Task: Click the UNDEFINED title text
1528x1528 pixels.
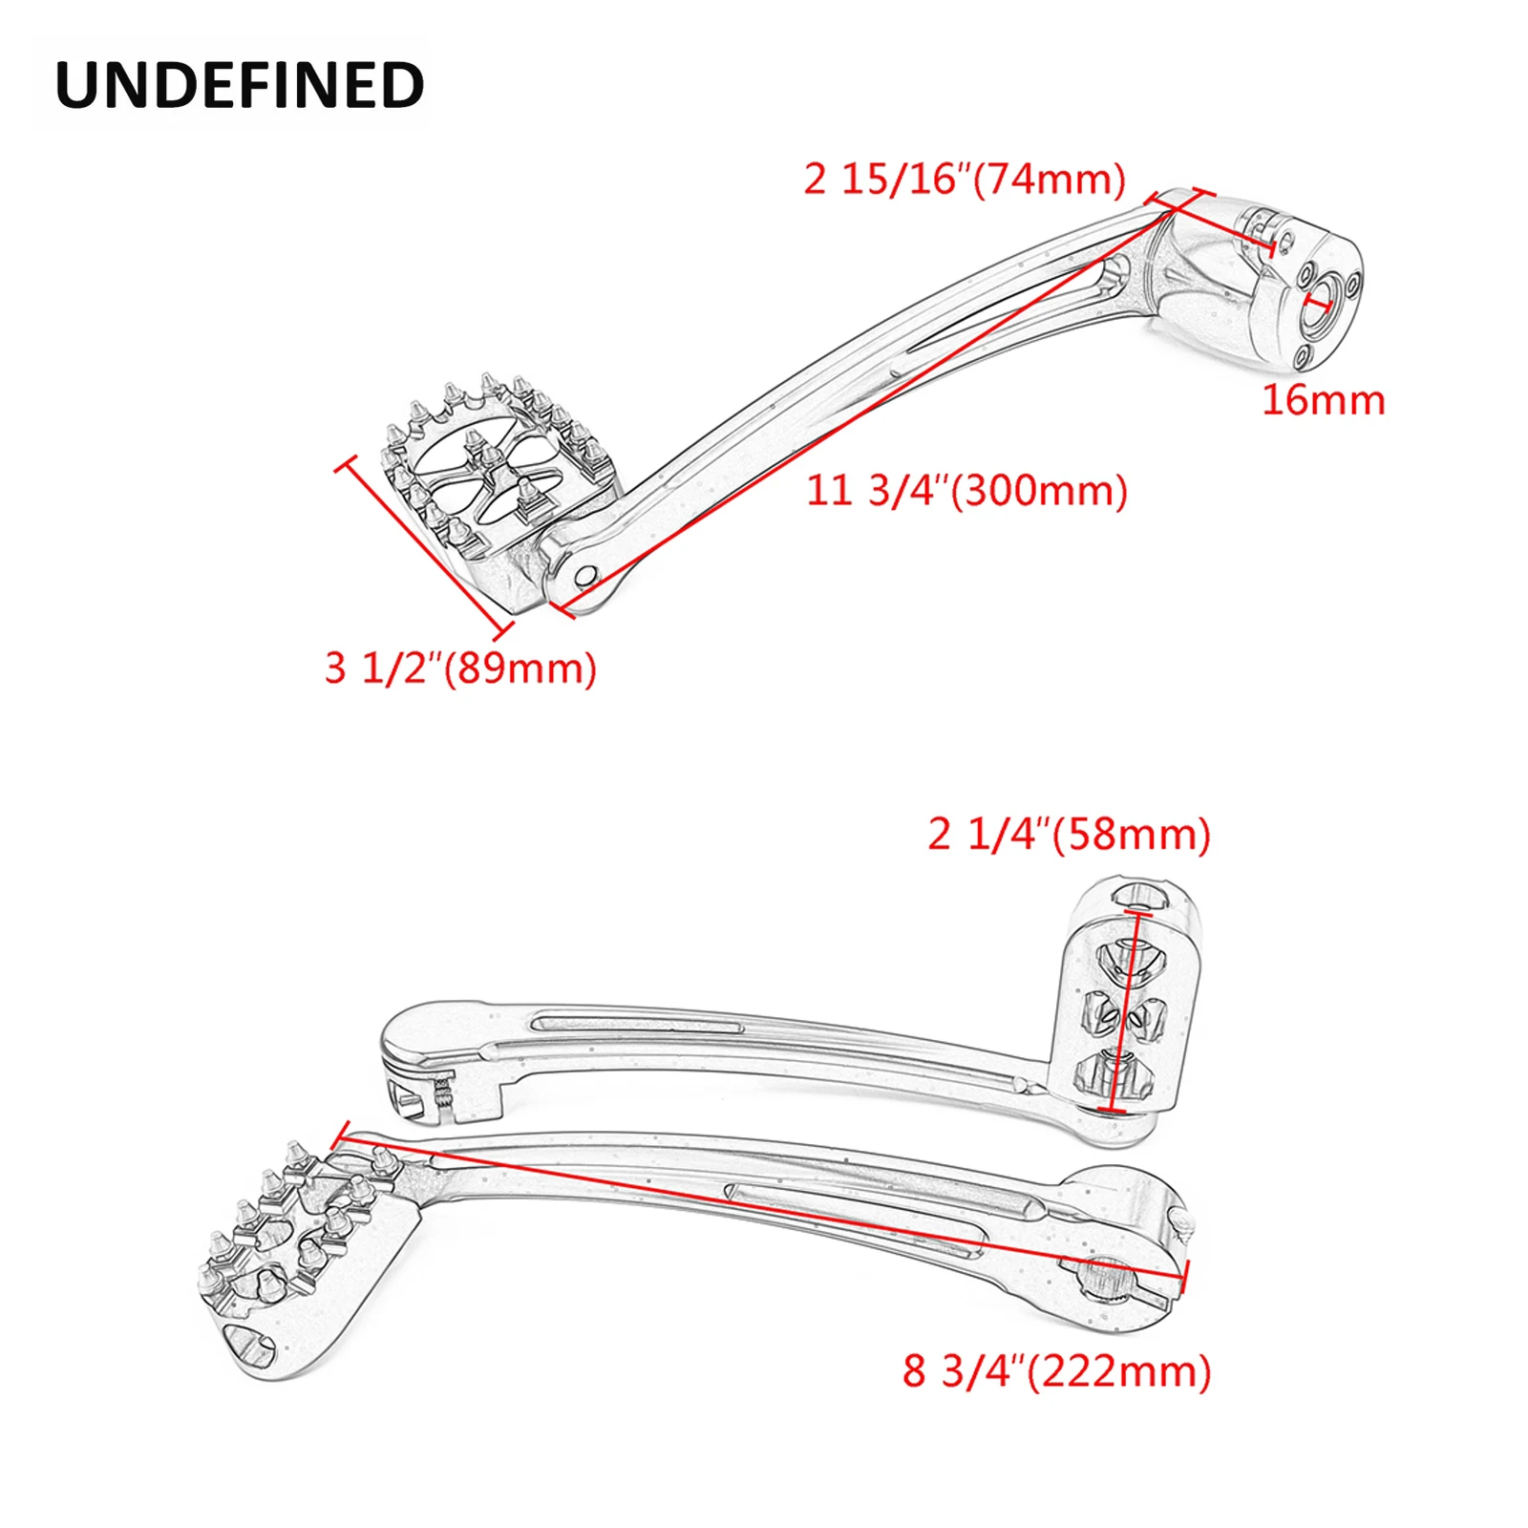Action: [x=240, y=85]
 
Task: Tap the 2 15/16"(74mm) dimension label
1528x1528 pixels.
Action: [x=965, y=179]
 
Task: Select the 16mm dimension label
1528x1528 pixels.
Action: [x=1323, y=399]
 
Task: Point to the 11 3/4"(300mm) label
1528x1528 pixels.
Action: [x=966, y=490]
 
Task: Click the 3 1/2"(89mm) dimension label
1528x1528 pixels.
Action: [x=460, y=668]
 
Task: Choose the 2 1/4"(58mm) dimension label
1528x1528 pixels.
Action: [x=1069, y=834]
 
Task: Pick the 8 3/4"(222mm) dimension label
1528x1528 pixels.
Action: [x=1056, y=1371]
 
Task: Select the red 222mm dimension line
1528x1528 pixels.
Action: [x=764, y=1205]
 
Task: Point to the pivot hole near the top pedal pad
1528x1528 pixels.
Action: [x=585, y=576]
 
